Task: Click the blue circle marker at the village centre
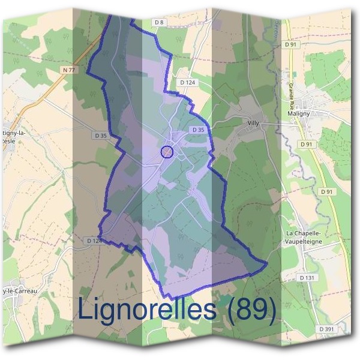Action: (x=167, y=152)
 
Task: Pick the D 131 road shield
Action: (x=323, y=278)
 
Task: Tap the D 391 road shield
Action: (x=326, y=329)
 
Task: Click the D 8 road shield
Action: (x=159, y=22)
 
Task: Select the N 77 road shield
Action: (x=69, y=70)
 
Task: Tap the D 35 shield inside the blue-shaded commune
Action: (x=198, y=130)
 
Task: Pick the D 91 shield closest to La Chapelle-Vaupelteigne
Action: (x=326, y=191)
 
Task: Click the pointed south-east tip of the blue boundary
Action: (x=266, y=264)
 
